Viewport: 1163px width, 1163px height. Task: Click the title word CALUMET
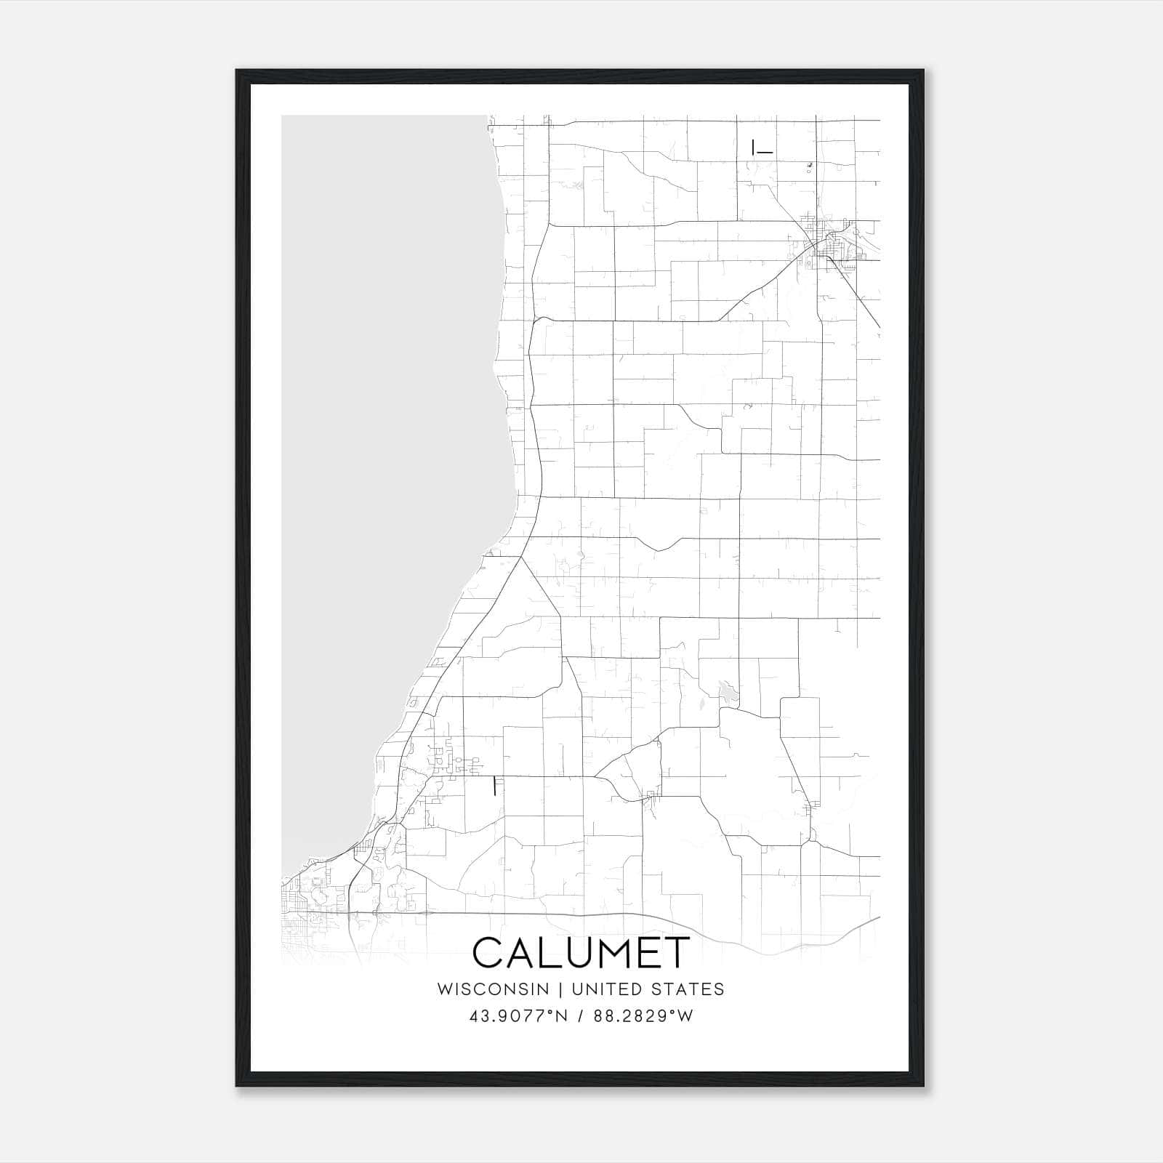581,953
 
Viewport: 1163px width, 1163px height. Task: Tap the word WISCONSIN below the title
493,989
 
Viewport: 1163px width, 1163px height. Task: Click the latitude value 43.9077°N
519,1016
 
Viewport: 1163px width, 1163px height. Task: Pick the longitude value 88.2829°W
643,1016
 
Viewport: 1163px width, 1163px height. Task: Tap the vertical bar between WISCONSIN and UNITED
560,989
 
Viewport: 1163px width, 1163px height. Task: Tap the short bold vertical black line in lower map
495,786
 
